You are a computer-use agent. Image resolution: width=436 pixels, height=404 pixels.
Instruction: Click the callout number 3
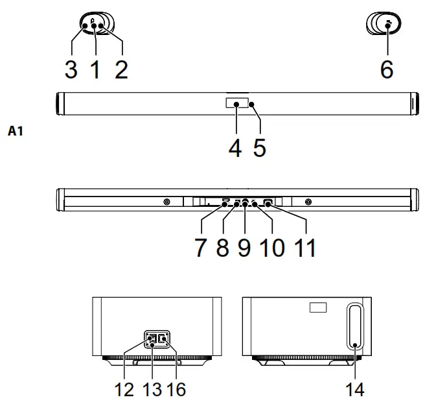[x=71, y=69]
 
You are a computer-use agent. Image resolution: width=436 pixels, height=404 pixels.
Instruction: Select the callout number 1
[x=95, y=69]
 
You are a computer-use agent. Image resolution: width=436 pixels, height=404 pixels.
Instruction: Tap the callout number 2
[x=120, y=69]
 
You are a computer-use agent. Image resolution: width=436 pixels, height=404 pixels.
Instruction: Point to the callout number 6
[x=387, y=68]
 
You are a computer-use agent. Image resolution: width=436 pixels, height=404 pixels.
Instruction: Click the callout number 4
[x=235, y=147]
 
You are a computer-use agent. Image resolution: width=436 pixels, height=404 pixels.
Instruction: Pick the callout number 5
[x=259, y=147]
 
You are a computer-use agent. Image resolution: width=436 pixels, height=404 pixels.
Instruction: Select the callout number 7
[x=201, y=248]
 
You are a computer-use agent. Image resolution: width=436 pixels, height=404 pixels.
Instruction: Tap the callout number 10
[x=274, y=248]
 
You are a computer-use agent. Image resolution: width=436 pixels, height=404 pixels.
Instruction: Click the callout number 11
[x=305, y=248]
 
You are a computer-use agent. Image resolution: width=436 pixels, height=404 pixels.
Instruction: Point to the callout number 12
[x=124, y=390]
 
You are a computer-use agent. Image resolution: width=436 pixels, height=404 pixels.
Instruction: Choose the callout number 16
[x=176, y=390]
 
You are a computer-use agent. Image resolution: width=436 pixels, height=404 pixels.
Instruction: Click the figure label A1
[x=16, y=132]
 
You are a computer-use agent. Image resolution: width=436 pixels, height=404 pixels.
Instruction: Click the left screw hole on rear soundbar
[x=167, y=202]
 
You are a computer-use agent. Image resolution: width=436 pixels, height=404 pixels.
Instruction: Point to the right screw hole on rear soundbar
[x=308, y=202]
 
